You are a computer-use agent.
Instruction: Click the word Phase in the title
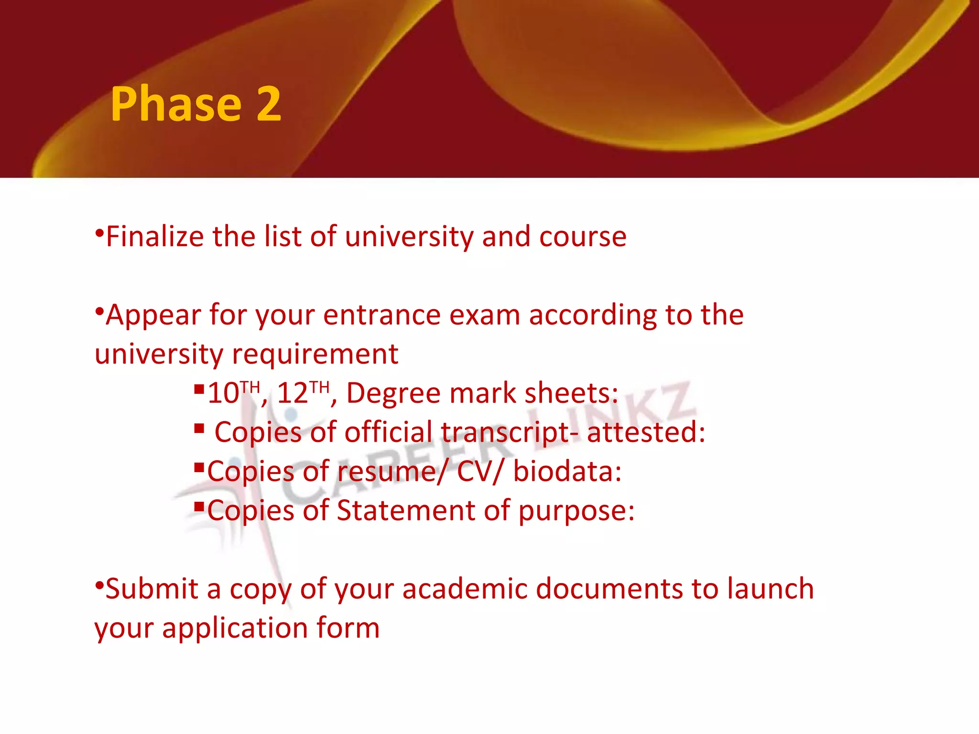point(176,105)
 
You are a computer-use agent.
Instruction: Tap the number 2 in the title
point(268,105)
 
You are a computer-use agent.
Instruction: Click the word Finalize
point(154,237)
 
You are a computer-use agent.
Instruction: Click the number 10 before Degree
point(223,394)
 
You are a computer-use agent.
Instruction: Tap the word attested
point(645,432)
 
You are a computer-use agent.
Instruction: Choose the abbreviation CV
point(475,472)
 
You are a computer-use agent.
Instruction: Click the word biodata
point(567,472)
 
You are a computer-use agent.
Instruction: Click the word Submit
point(152,589)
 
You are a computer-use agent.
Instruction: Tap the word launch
point(771,589)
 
